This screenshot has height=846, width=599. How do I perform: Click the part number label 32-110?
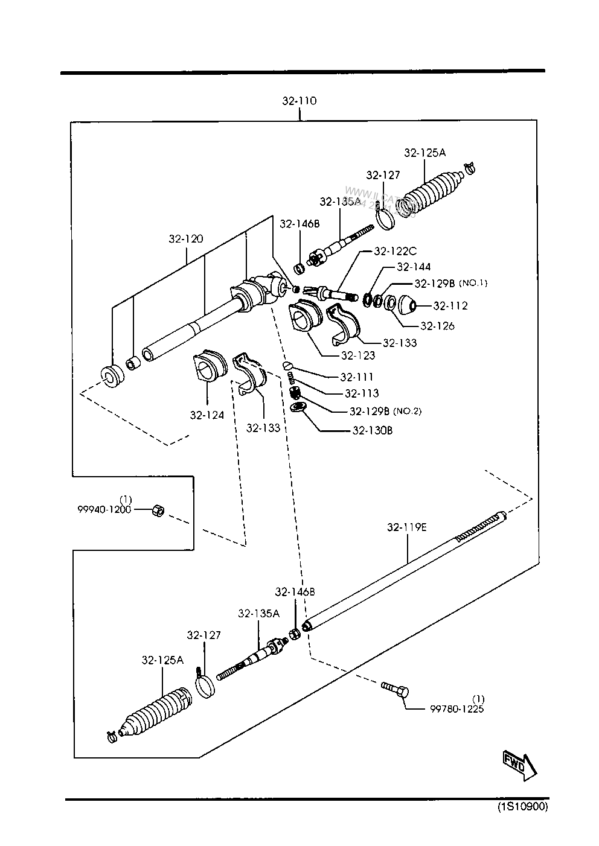[299, 101]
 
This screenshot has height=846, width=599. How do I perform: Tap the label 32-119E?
[407, 527]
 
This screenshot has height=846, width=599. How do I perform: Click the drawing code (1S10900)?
[522, 807]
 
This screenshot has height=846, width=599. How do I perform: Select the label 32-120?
[186, 239]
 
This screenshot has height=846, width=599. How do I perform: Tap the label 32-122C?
[396, 251]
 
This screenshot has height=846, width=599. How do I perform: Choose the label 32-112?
[450, 306]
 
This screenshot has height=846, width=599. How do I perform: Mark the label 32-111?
[357, 377]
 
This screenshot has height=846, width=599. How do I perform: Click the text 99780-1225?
[457, 708]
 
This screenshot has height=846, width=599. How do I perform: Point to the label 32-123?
[358, 355]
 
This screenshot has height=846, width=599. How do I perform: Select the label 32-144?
[414, 267]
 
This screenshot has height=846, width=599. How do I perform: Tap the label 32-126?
[438, 326]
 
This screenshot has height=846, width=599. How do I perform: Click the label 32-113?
[362, 393]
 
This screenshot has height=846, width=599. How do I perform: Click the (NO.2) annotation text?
[407, 412]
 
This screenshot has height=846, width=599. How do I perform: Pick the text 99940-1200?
[104, 509]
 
